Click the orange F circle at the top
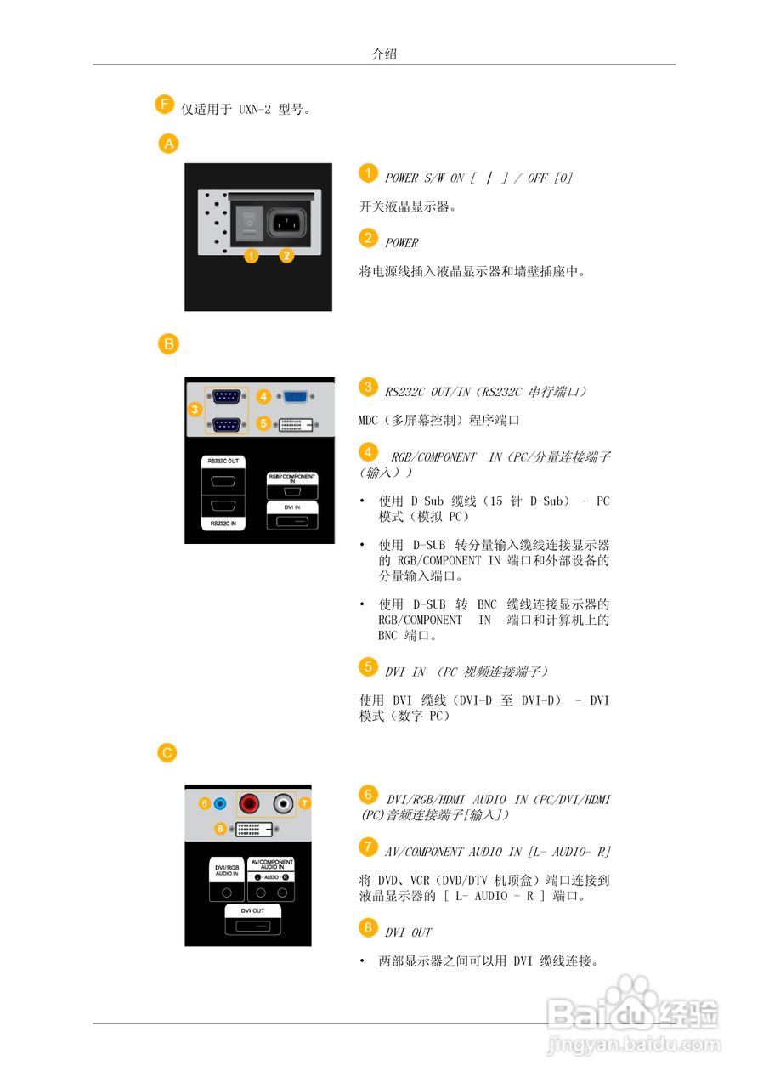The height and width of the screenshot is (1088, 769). pos(165,105)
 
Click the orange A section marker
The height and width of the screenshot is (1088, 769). pos(170,144)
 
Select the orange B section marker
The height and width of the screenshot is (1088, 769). pos(170,343)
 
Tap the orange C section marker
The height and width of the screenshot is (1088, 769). pos(169,752)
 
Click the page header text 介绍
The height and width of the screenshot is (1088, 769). pos(384,54)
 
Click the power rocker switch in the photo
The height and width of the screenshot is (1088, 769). pos(248,221)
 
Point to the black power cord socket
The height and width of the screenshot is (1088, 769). pos(288,223)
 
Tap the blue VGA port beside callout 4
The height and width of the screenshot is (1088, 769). pos(294,396)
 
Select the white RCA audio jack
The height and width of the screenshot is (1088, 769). pos(282,802)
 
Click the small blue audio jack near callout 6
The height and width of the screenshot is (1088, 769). pos(220,803)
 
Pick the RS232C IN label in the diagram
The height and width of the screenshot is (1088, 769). pos(224,525)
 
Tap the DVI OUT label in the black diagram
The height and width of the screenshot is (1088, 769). pos(253,909)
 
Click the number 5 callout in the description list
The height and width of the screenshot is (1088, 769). pos(367,666)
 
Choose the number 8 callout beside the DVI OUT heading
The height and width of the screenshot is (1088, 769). pos(367,927)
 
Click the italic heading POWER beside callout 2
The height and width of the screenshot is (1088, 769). pos(402,243)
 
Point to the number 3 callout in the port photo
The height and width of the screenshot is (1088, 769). pos(195,410)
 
